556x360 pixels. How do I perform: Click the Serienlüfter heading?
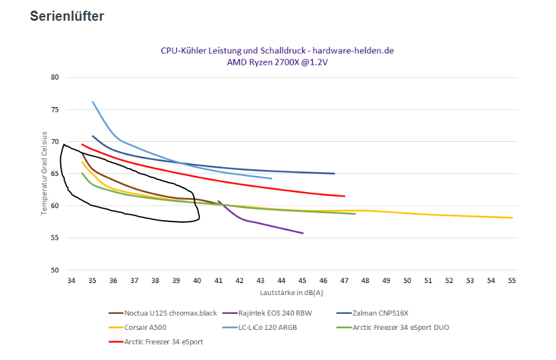[67, 16]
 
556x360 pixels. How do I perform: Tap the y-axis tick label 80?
[55, 78]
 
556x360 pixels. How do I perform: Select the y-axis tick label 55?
[55, 238]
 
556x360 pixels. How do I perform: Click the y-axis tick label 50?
[55, 270]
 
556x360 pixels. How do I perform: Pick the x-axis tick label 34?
[72, 281]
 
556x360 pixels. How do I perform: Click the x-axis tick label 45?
[302, 281]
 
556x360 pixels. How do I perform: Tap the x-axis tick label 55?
[513, 281]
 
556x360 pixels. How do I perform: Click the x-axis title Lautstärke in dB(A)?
[292, 292]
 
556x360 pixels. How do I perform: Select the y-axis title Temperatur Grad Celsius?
[43, 173]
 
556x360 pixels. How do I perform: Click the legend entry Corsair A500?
[146, 327]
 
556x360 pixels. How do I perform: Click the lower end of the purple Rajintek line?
[303, 233]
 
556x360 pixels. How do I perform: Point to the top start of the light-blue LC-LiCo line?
[92, 102]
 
